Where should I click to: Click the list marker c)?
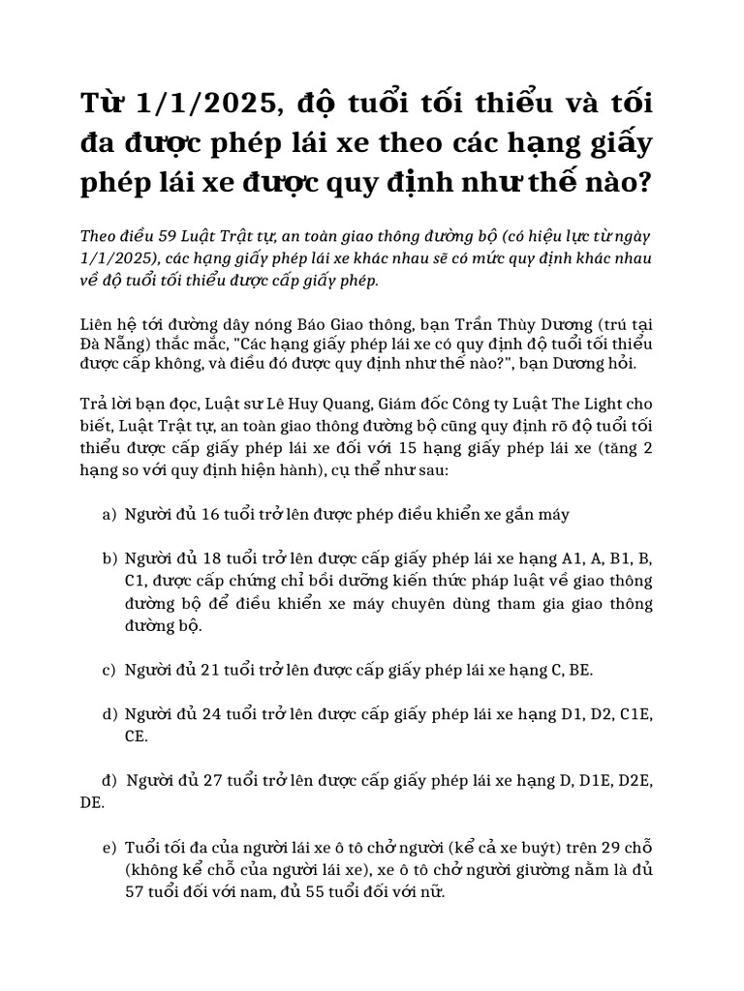click(x=108, y=670)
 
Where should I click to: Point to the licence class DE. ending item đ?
click(x=93, y=803)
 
